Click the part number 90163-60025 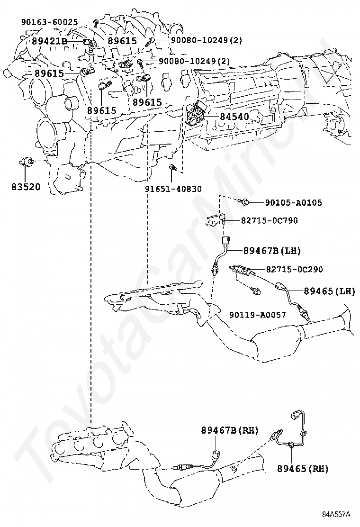click(50, 22)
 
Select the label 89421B click(49, 41)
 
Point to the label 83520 click(26, 186)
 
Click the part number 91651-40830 click(173, 189)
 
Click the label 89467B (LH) click(272, 250)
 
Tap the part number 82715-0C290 click(294, 269)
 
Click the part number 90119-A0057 click(258, 314)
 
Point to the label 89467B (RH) click(229, 430)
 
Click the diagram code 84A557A click(336, 514)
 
